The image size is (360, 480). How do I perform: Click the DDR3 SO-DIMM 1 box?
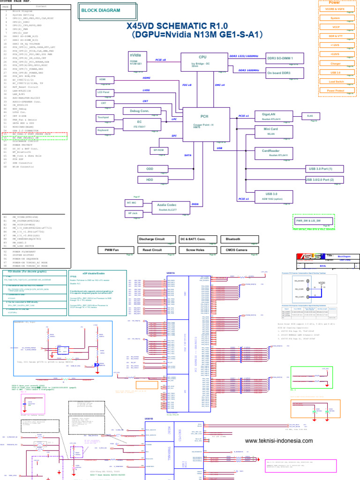pos(285,58)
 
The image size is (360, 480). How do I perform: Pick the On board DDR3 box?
pos(285,73)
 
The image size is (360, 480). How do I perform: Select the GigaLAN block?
pos(272,116)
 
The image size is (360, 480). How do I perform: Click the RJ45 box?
pos(310,116)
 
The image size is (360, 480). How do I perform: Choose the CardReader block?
pos(272,153)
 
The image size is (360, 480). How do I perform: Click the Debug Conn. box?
pos(135,111)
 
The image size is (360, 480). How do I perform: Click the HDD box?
pos(150,180)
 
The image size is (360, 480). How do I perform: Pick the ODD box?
pos(150,168)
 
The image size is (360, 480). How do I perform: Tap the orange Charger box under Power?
pos(336,63)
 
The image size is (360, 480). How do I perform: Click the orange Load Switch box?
pos(336,81)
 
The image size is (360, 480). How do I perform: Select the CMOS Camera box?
pos(239,250)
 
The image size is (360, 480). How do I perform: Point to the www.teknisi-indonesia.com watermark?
pos(279,441)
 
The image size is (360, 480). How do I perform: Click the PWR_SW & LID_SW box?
pos(308,220)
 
